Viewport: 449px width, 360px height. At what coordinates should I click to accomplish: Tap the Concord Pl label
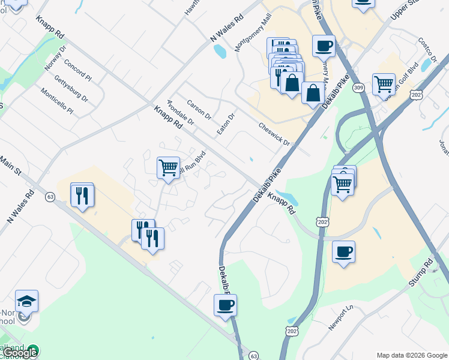click(77, 70)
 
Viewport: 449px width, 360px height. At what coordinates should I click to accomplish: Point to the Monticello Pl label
click(57, 101)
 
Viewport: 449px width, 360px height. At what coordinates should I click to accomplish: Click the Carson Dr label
click(199, 109)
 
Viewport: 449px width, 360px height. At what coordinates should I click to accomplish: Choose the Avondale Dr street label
click(181, 112)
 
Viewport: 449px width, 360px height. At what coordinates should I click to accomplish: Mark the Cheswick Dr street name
click(274, 135)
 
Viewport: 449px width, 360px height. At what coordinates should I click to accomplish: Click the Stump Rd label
click(423, 272)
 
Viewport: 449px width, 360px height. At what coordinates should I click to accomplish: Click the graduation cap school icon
click(27, 300)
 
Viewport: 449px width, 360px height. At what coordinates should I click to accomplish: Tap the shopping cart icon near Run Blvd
click(168, 167)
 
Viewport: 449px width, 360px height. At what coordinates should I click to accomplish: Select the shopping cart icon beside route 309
click(384, 83)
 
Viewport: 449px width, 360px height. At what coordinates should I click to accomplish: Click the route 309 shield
click(359, 88)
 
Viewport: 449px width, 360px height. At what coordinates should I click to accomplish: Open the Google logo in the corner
click(20, 353)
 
